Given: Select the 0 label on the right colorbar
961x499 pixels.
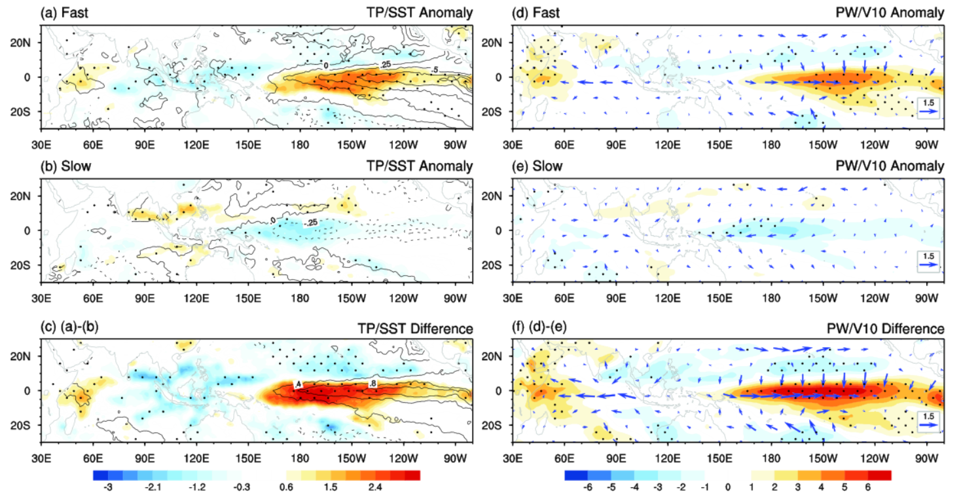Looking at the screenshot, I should click(728, 487).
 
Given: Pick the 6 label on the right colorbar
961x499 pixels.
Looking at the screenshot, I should click(867, 487).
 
